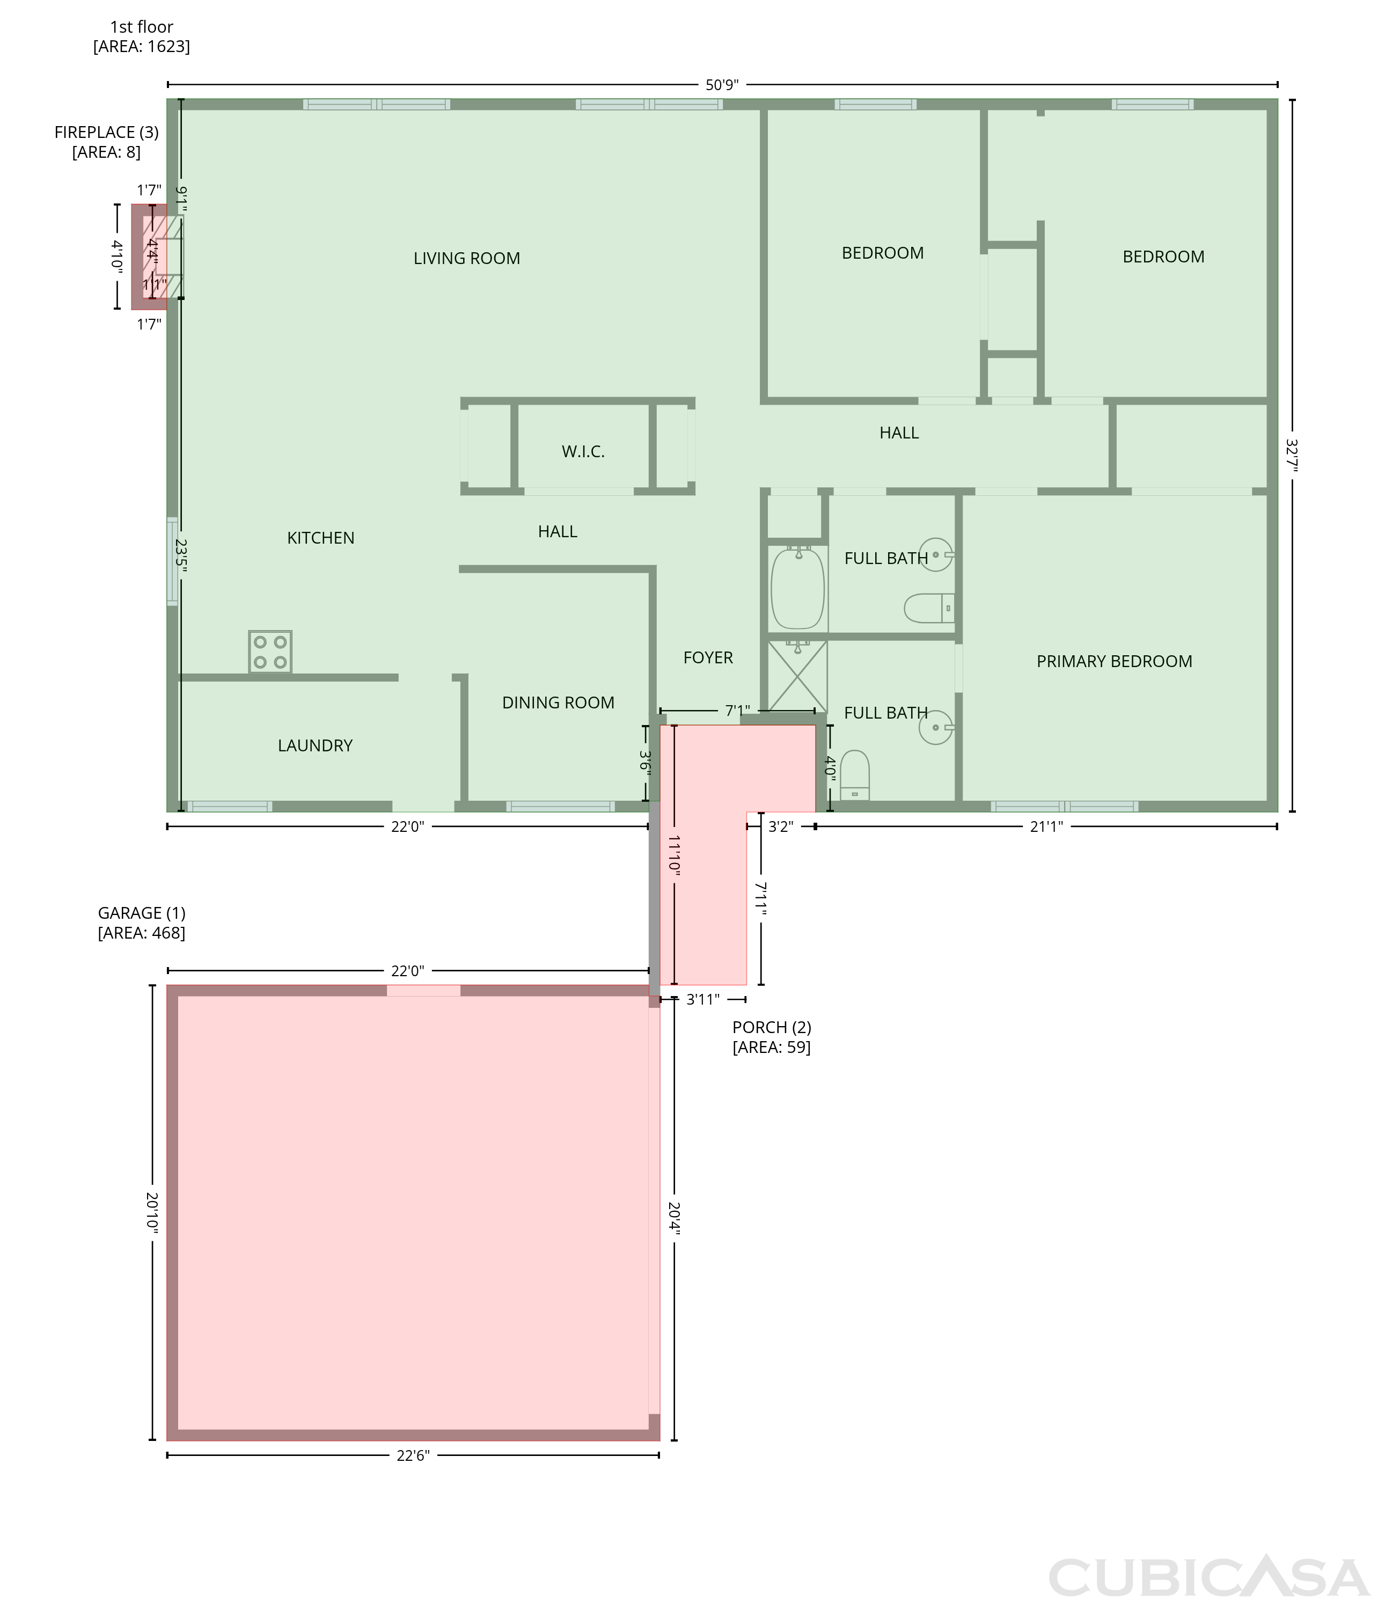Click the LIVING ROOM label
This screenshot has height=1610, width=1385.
click(466, 258)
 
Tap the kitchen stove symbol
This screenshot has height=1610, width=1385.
click(270, 651)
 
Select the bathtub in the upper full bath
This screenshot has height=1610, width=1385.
click(798, 588)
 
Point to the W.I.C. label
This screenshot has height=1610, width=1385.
click(583, 451)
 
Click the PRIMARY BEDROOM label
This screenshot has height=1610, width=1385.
click(1114, 661)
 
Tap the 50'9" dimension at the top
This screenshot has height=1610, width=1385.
click(722, 85)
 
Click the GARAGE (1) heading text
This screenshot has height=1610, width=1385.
click(141, 913)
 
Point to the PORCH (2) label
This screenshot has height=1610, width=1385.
click(771, 1027)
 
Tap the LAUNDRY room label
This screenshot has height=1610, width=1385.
click(316, 745)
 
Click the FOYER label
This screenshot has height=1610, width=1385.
click(708, 657)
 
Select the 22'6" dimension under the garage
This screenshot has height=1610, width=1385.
click(413, 1455)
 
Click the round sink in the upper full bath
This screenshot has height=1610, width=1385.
click(936, 555)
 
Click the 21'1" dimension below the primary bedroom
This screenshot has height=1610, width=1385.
click(1046, 827)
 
